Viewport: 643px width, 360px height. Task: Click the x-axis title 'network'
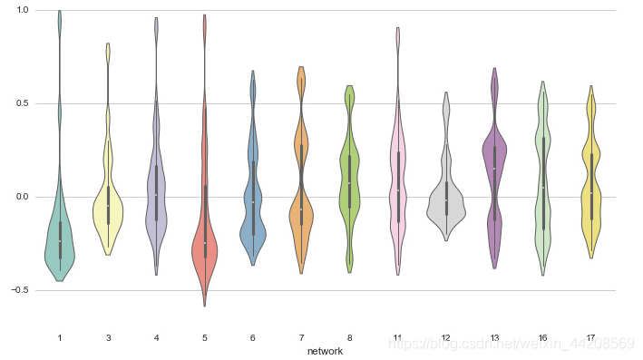tap(325, 352)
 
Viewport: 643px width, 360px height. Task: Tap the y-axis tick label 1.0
tap(22, 10)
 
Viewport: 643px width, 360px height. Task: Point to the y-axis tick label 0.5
tap(22, 103)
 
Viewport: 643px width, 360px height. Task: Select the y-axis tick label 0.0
tap(22, 197)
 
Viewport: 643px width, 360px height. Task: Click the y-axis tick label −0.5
tap(20, 290)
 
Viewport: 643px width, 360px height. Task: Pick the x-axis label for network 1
tap(60, 338)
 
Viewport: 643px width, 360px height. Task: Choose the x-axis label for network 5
tap(205, 338)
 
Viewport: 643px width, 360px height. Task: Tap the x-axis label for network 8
tap(349, 338)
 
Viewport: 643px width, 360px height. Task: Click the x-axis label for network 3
tap(108, 338)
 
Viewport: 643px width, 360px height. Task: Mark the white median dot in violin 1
tap(60, 241)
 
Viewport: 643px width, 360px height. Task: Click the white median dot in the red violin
tap(205, 243)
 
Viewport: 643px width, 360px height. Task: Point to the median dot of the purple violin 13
tap(494, 169)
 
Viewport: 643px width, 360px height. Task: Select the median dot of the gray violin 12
tap(446, 200)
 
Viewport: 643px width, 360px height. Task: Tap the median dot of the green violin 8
tap(349, 183)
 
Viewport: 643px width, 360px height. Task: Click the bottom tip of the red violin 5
tap(205, 306)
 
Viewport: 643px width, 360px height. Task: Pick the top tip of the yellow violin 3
tap(108, 43)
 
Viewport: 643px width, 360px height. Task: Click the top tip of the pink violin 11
tap(398, 27)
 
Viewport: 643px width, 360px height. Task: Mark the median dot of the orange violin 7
tap(301, 209)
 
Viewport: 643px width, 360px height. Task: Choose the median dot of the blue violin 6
tap(253, 202)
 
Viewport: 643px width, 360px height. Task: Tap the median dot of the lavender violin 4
tap(156, 195)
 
